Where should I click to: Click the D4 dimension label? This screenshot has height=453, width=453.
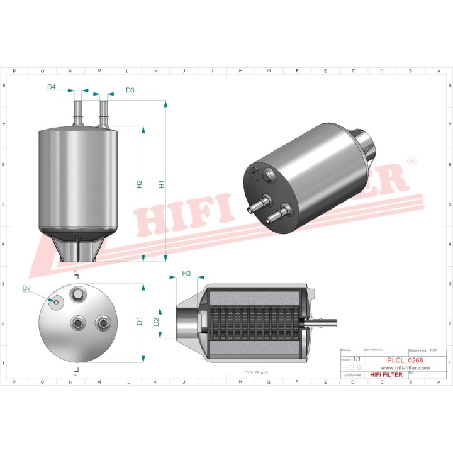click(52, 86)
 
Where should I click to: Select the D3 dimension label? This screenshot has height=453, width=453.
click(130, 91)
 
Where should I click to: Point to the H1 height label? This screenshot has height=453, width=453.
click(162, 185)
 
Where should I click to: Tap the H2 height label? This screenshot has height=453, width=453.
click(140, 185)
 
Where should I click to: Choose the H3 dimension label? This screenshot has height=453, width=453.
click(186, 274)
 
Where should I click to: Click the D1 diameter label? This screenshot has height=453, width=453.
click(140, 322)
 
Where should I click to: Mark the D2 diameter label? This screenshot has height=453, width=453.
click(157, 322)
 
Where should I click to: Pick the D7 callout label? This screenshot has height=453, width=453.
click(27, 288)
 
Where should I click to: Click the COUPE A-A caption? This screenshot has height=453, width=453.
click(256, 372)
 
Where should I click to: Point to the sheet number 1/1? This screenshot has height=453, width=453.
click(357, 359)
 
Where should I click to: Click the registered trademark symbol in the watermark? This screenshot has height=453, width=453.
click(411, 162)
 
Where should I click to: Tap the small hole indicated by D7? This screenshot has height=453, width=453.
click(57, 302)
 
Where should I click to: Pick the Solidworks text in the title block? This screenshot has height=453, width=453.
click(349, 374)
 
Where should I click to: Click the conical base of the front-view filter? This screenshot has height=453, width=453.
click(79, 247)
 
